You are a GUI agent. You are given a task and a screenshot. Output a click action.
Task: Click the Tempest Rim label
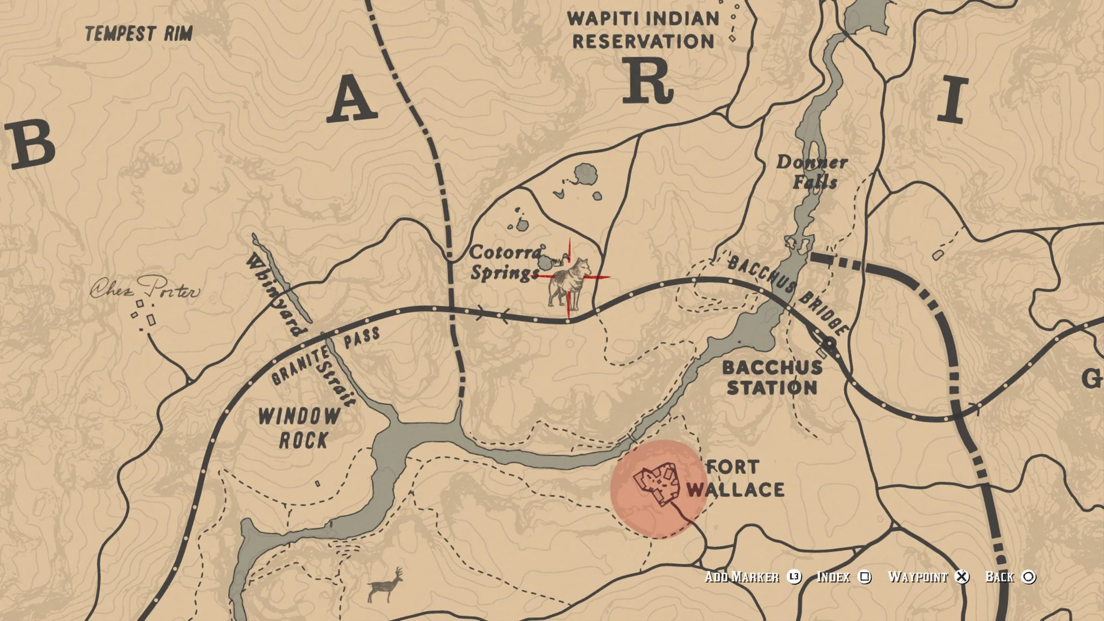(139, 34)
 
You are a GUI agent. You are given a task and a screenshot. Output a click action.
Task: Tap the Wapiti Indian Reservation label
(643, 30)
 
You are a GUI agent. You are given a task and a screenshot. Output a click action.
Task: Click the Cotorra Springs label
(505, 263)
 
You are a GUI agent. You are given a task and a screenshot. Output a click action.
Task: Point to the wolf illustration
(569, 281)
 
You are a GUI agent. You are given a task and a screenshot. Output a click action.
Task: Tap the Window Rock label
(299, 428)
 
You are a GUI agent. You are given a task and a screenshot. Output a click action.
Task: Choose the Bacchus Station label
(772, 377)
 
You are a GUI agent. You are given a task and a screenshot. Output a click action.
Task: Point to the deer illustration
(386, 584)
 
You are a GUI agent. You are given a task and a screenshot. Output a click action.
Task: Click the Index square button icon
(864, 577)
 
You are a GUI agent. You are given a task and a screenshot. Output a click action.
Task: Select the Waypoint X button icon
(961, 577)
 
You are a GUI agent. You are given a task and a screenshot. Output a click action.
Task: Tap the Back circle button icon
(1029, 577)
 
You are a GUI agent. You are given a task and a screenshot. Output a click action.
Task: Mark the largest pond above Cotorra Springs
(585, 175)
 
